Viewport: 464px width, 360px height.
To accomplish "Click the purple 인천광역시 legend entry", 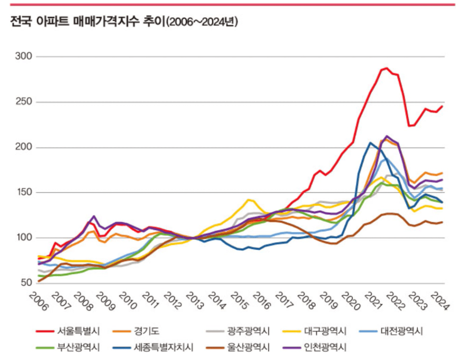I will (x=325, y=347).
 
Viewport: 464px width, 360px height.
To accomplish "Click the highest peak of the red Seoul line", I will (x=387, y=68).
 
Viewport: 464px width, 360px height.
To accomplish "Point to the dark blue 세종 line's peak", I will (x=370, y=143).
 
